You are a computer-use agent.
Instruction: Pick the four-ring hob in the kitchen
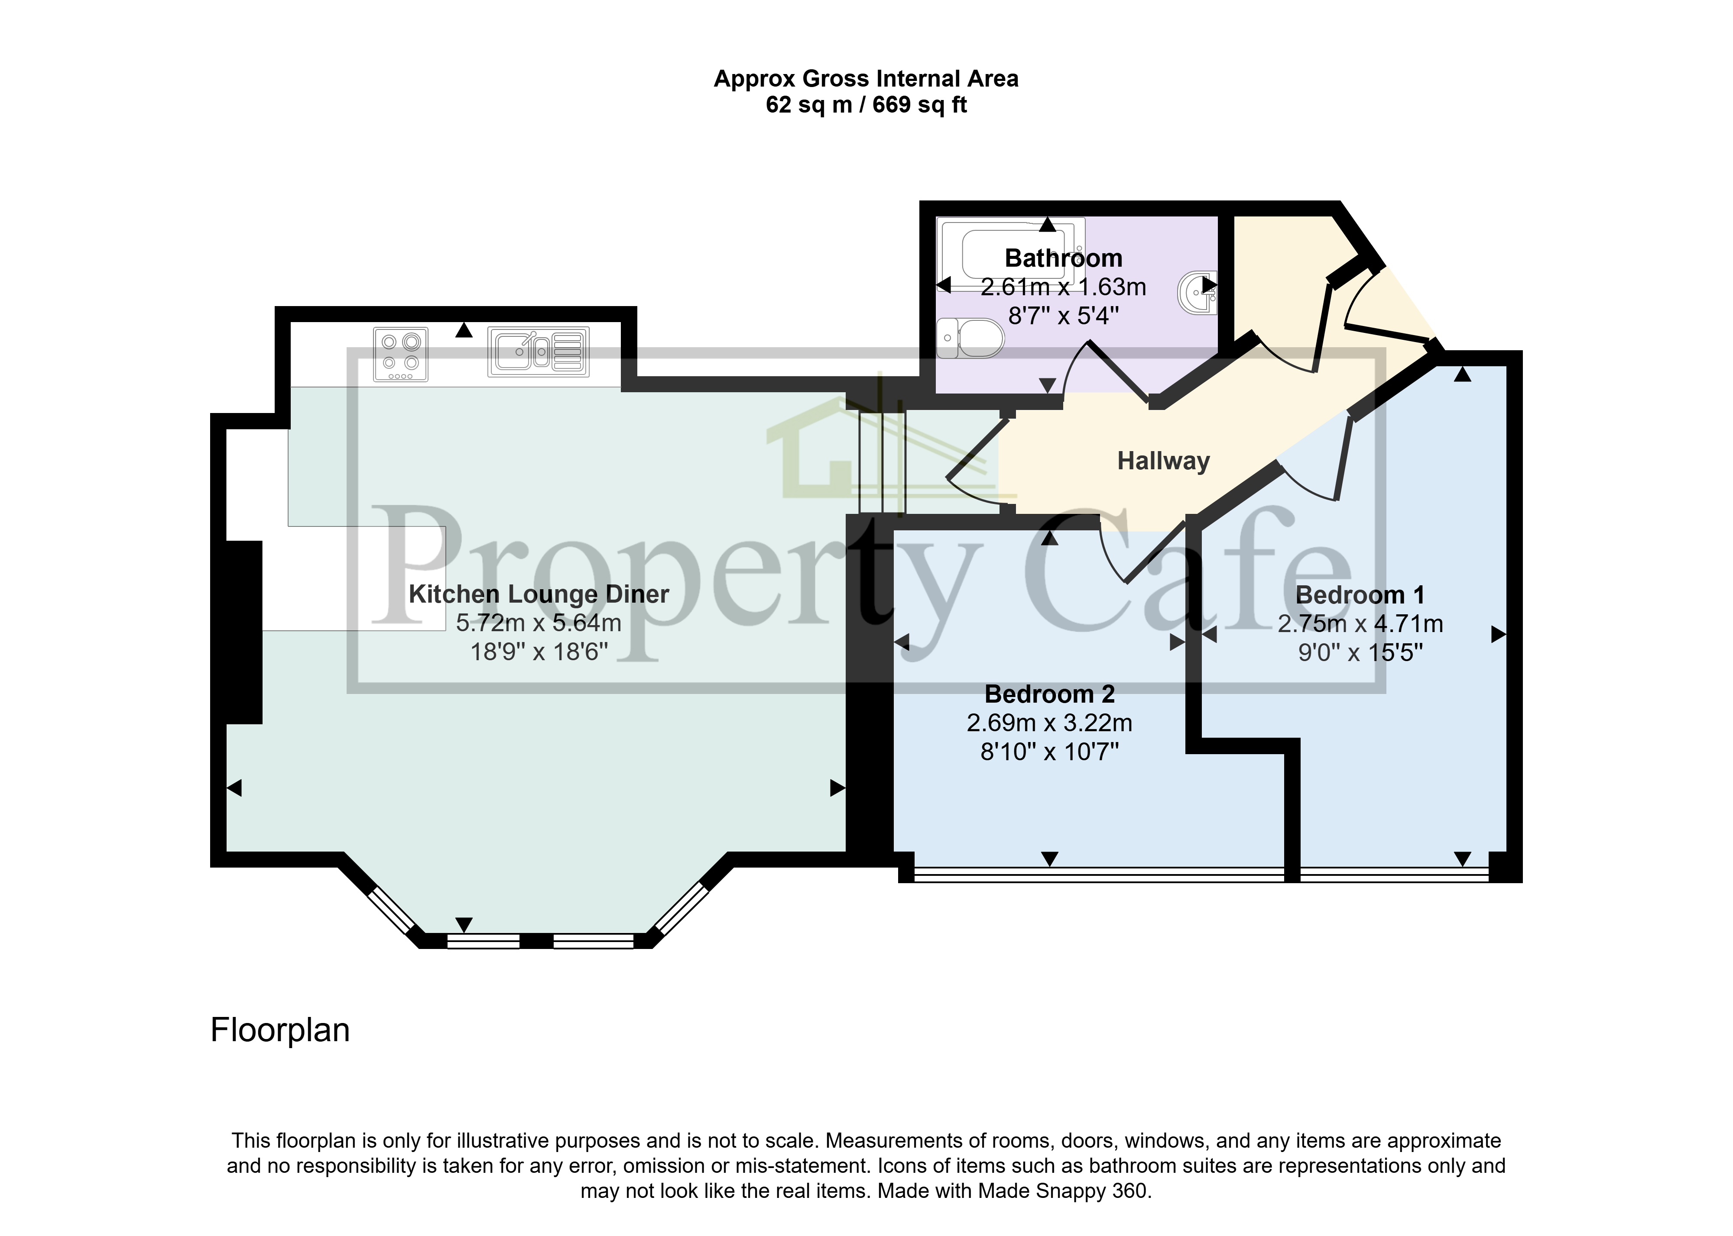[400, 354]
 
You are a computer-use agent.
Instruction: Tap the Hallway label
[1163, 461]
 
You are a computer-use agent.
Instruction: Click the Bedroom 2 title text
[1049, 694]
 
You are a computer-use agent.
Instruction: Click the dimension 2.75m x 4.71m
[1360, 624]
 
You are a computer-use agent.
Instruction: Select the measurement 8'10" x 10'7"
[1049, 752]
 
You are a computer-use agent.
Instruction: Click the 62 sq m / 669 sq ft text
[866, 105]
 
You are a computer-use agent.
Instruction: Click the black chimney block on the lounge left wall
[243, 632]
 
